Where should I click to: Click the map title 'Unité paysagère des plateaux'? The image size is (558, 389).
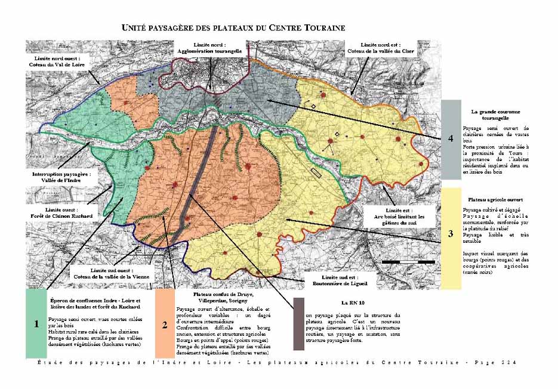(233, 28)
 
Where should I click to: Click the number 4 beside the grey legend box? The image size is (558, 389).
(452, 138)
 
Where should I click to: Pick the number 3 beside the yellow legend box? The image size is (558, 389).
(451, 234)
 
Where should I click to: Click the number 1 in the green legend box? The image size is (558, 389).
(36, 324)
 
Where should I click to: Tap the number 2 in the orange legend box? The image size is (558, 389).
(164, 325)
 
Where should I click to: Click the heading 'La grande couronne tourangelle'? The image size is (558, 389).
(495, 115)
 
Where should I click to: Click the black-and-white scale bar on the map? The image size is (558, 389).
(408, 263)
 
